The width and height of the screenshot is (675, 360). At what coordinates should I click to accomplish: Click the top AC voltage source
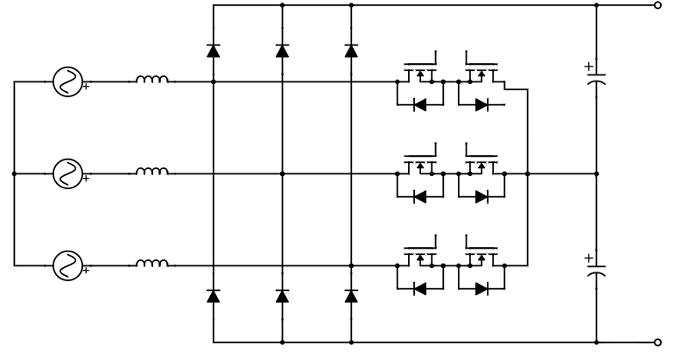[x=67, y=82]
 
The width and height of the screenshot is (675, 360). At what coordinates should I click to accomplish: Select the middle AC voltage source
[x=67, y=173]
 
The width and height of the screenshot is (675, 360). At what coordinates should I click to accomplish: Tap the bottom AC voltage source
[x=67, y=263]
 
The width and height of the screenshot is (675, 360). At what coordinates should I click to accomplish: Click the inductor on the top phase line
[x=151, y=81]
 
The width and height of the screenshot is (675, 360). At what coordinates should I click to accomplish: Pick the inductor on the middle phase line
[x=151, y=173]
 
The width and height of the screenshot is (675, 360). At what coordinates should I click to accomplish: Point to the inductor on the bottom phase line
[x=151, y=262]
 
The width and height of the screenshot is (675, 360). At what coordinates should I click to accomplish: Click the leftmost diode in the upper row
[x=214, y=51]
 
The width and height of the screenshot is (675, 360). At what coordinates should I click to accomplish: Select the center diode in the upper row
[x=282, y=51]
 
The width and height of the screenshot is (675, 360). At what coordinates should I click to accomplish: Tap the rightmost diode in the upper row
[x=351, y=51]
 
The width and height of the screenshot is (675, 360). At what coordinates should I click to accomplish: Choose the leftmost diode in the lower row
[x=214, y=297]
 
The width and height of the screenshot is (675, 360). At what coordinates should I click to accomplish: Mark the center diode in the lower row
[x=282, y=297]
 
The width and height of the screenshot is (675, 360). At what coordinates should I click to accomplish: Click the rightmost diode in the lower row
[x=351, y=297]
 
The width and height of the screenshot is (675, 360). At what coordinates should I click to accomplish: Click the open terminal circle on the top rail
[x=658, y=4]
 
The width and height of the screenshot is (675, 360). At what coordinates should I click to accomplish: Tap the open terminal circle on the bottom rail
[x=658, y=342]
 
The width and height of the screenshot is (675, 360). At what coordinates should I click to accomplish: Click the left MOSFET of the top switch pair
[x=420, y=74]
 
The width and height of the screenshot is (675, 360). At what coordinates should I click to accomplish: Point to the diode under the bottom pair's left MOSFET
[x=420, y=286]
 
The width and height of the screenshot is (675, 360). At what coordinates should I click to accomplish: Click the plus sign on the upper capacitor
[x=587, y=66]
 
